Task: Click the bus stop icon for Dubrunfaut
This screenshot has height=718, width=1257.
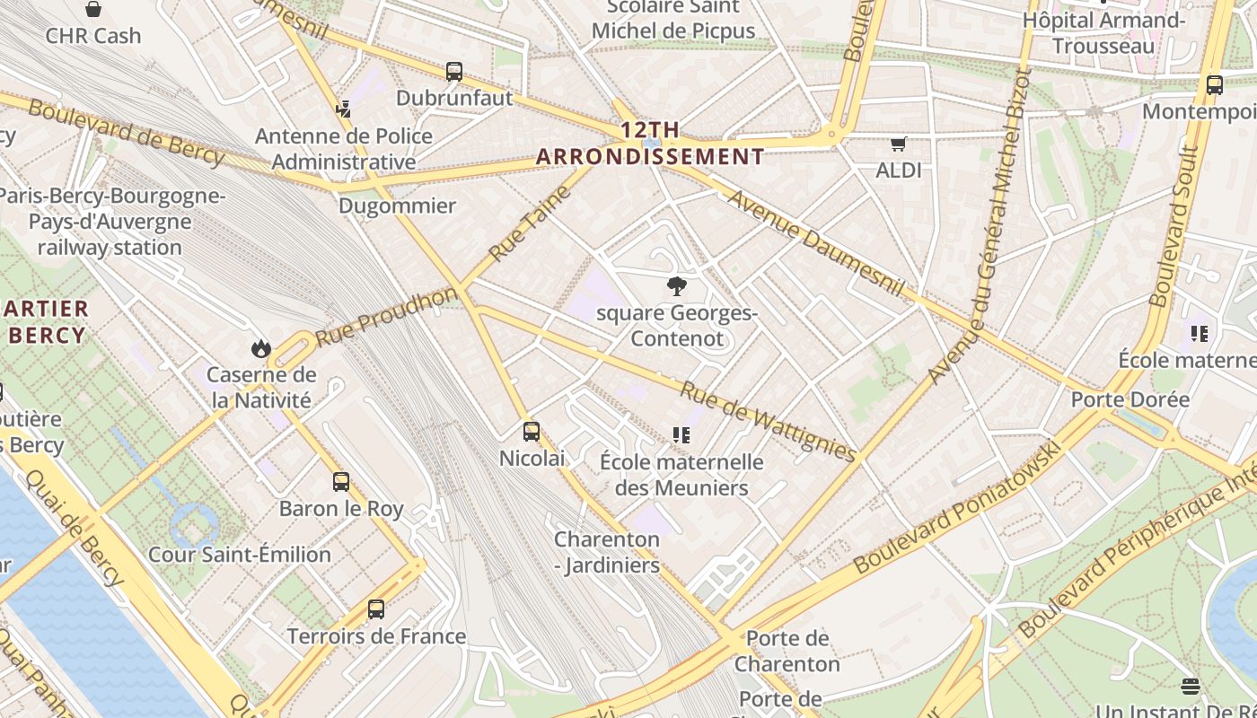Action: click(x=454, y=72)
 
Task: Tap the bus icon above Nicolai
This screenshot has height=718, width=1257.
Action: click(x=532, y=432)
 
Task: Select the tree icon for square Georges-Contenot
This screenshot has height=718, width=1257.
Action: click(x=677, y=287)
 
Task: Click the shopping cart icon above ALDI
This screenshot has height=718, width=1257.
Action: click(x=899, y=144)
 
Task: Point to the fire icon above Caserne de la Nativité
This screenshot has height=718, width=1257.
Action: click(x=261, y=348)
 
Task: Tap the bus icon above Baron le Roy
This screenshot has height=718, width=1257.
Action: click(x=341, y=482)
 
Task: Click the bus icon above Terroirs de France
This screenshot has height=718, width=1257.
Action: click(x=376, y=609)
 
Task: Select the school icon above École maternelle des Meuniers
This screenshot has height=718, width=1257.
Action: click(x=681, y=436)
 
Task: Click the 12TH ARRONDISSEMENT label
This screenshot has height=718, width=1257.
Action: click(x=650, y=144)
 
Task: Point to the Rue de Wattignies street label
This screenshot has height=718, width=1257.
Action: click(x=768, y=422)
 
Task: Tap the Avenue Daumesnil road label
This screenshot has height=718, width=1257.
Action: click(x=815, y=241)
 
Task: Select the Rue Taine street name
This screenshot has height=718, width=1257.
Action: click(x=530, y=223)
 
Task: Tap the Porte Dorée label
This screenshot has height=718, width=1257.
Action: click(x=1130, y=399)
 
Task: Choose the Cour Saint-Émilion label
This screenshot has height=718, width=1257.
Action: click(x=240, y=555)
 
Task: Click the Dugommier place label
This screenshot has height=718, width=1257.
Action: click(x=397, y=206)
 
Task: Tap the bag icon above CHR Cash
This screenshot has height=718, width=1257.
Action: click(x=93, y=10)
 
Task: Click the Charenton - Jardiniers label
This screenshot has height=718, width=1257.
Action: click(x=607, y=552)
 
